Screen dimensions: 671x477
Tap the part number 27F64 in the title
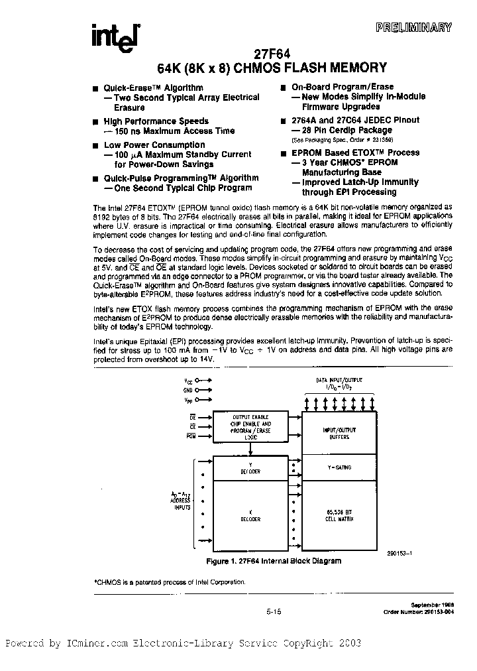pos(271,56)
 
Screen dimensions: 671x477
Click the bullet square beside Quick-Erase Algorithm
pos(96,88)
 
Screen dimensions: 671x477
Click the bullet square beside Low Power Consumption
pos(96,145)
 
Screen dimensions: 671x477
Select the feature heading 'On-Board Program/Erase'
pos(343,87)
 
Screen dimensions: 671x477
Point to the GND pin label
pos(189,391)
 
